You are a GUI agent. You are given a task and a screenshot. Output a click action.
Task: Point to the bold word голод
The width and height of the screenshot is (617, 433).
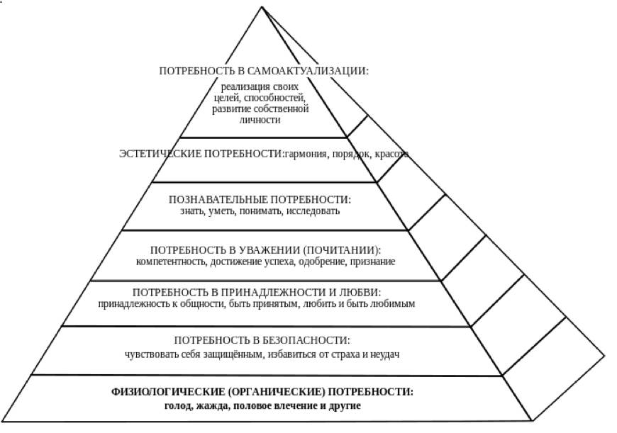178,405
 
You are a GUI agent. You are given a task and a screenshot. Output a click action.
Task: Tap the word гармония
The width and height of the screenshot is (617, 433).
306,154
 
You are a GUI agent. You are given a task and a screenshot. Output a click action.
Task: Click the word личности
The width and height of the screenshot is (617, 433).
260,120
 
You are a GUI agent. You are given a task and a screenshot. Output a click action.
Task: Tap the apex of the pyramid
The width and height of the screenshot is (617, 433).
262,7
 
